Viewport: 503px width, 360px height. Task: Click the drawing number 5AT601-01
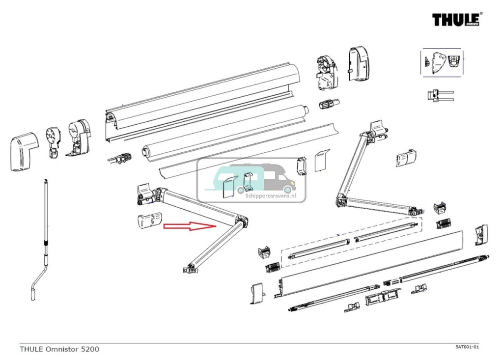coord(466,347)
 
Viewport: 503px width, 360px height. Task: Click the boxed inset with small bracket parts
coord(441,62)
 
